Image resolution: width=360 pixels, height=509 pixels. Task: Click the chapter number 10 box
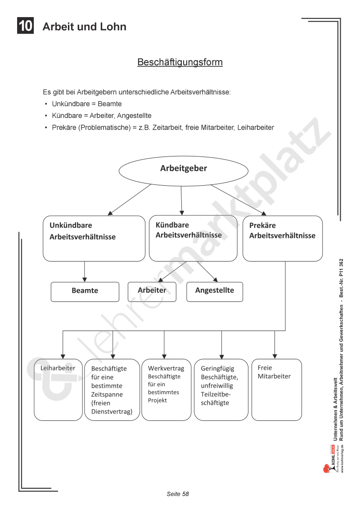26,26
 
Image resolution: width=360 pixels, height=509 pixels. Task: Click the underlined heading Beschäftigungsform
180,62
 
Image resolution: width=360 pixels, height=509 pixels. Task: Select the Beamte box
85,291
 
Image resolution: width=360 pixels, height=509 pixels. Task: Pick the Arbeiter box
152,291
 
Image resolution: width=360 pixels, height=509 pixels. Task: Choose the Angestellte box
214,291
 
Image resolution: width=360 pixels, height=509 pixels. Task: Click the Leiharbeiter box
58,389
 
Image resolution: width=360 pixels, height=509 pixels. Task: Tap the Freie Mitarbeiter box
276,389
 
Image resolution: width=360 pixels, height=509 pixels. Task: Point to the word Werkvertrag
166,368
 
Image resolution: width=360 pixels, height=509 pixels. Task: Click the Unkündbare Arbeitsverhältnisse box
87,238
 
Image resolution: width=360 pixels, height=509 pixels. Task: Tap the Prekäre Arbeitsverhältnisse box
282,238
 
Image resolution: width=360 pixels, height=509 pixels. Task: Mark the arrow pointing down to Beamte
85,272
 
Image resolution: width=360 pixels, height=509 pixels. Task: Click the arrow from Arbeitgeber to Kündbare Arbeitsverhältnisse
181,200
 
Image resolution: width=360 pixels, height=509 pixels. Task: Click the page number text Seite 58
178,494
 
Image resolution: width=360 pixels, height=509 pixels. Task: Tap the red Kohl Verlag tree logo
327,468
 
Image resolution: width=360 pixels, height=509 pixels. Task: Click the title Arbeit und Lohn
84,27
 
